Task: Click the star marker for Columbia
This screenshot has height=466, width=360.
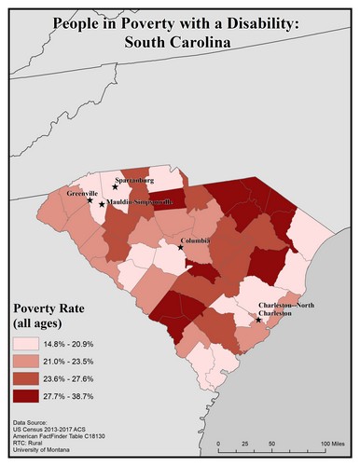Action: click(x=181, y=247)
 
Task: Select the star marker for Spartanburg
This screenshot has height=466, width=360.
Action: click(x=116, y=186)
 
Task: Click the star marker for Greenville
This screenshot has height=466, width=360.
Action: click(x=90, y=200)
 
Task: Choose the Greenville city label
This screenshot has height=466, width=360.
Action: click(x=82, y=193)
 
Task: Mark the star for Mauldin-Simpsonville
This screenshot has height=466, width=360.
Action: click(x=102, y=204)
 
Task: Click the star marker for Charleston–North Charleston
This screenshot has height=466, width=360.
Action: click(x=258, y=321)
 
